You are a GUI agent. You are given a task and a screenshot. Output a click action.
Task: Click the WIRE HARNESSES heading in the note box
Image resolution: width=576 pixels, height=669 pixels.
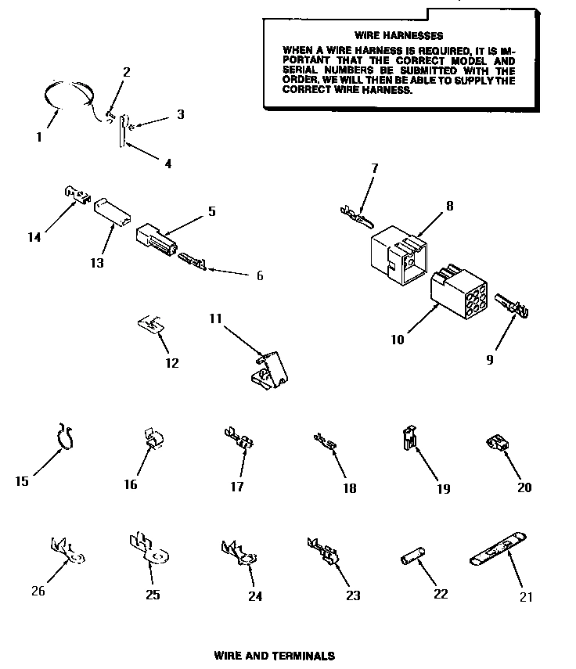(x=398, y=35)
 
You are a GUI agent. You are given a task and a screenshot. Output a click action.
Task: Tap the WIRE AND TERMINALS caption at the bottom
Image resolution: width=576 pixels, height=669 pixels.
(x=274, y=656)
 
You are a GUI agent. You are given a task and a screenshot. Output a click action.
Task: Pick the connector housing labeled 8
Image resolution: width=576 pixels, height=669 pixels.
(x=397, y=253)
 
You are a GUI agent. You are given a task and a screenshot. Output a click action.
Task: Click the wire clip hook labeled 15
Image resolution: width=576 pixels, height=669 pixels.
(x=67, y=438)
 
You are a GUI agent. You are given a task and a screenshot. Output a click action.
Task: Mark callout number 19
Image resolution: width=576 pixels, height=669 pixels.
(x=444, y=489)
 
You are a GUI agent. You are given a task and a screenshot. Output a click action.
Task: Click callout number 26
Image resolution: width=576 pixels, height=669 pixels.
(x=38, y=591)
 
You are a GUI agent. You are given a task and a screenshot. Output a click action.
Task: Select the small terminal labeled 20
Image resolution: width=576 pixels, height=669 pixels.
(x=496, y=444)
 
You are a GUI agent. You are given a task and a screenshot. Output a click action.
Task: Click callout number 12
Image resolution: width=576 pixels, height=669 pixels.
(x=172, y=362)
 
